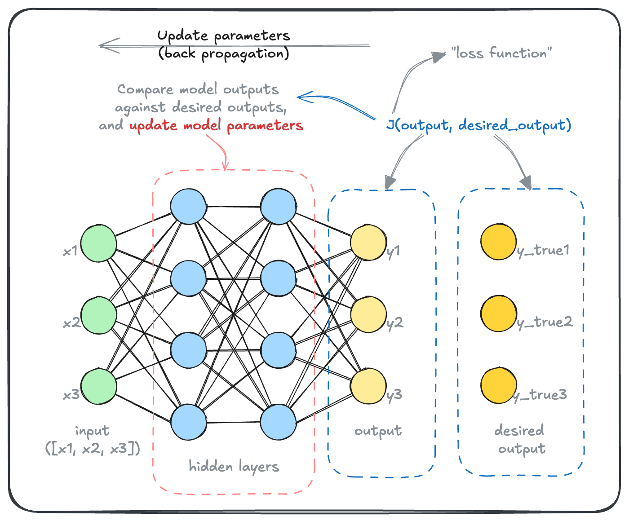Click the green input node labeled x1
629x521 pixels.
[98, 243]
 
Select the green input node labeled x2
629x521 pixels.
[98, 315]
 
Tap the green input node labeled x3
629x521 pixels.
[98, 387]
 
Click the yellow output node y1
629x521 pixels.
[368, 243]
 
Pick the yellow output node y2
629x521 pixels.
[368, 314]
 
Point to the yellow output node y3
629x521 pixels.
[368, 386]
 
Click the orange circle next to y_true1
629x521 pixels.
[498, 242]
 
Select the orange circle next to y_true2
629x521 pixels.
[498, 313]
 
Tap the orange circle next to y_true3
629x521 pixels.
[498, 385]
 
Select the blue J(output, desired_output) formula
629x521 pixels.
[479, 125]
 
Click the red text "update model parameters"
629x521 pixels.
[216, 126]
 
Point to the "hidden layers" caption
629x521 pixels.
[234, 467]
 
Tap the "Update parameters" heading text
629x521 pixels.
[224, 36]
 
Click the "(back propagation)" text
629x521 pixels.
[224, 54]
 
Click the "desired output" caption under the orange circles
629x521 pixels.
[520, 439]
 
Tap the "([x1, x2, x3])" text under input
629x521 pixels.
[93, 448]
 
